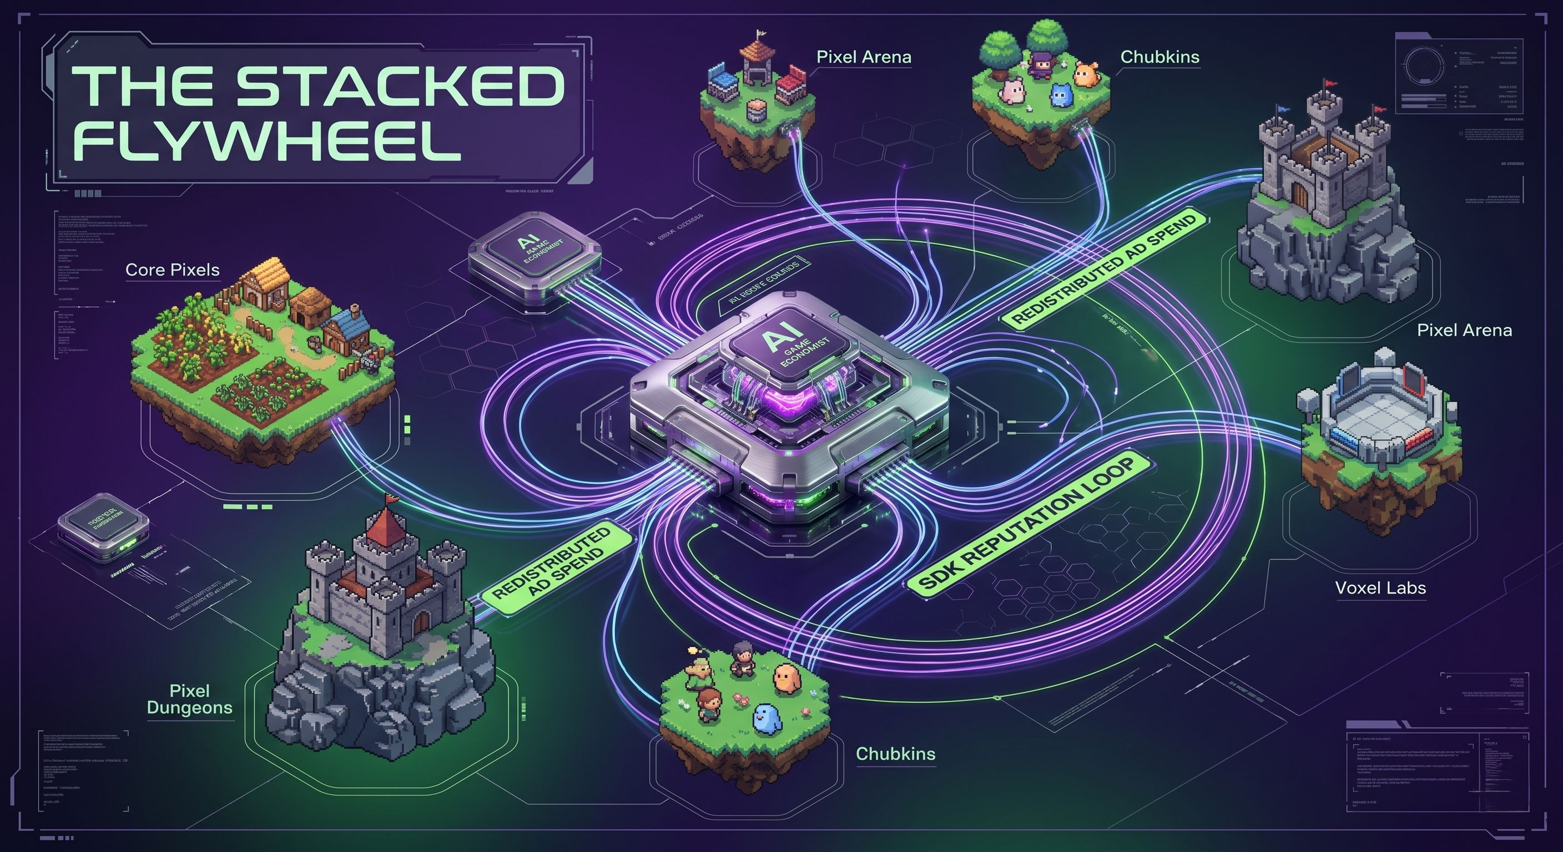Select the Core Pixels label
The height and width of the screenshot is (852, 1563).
click(172, 270)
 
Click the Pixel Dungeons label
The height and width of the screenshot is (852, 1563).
click(189, 699)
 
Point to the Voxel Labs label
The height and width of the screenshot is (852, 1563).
click(1380, 587)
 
